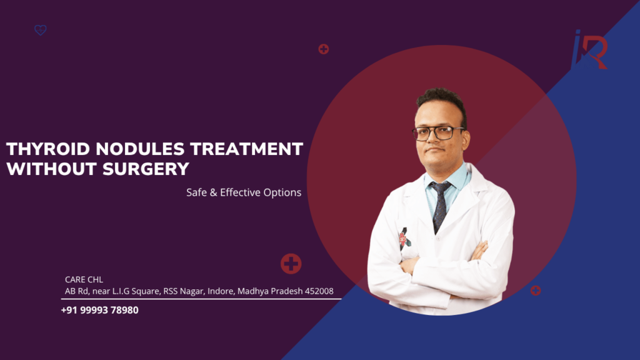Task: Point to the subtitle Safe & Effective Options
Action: click(x=244, y=192)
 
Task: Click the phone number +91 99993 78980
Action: click(x=100, y=310)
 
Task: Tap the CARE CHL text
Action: click(x=84, y=279)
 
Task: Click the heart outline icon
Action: click(x=41, y=30)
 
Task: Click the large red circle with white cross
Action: click(x=291, y=264)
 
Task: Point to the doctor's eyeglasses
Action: click(x=438, y=133)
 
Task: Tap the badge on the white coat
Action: click(x=404, y=238)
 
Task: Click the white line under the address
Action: click(x=200, y=299)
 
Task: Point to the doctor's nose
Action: click(x=439, y=141)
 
